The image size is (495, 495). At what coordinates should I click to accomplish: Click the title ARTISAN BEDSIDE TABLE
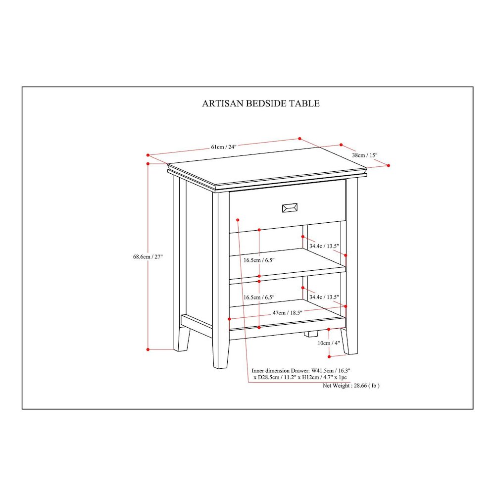coord(261,103)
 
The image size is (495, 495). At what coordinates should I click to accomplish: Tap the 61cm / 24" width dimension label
coord(224,147)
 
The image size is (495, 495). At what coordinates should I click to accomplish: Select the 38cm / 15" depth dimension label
coord(365,155)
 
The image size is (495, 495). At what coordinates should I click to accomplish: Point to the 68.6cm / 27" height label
coord(148,256)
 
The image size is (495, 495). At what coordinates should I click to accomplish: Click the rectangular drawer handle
coord(290,208)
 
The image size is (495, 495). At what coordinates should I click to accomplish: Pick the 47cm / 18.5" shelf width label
coord(287,313)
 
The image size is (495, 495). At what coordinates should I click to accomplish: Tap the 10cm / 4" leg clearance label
coord(329,343)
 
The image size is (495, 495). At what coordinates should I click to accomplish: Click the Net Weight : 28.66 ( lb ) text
coord(351,386)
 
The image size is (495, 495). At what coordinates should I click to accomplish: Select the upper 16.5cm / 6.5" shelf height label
coord(259,260)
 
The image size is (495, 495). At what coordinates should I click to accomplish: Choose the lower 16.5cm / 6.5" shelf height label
coord(259,297)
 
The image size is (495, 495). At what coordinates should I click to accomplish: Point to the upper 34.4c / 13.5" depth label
coord(324,246)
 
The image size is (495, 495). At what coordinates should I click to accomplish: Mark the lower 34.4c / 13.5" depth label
coord(324,297)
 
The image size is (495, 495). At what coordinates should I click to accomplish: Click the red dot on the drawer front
coord(238,220)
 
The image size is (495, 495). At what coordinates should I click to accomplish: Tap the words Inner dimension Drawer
coord(280,371)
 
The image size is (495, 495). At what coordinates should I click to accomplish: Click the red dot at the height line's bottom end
coord(148,349)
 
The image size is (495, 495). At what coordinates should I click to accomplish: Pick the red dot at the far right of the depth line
coord(388,165)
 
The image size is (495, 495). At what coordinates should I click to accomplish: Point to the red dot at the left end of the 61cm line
coord(148,155)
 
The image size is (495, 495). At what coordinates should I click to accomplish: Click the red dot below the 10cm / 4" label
coord(329,356)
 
